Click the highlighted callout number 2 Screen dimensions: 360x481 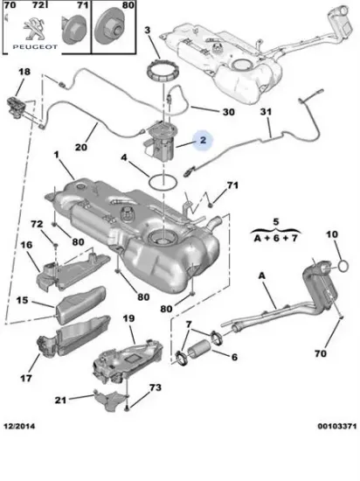pos(204,140)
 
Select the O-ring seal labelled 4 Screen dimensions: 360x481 pos(163,181)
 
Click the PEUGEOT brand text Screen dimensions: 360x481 pos(35,47)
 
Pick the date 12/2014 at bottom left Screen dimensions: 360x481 pos(19,426)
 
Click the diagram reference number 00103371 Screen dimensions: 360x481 pos(337,426)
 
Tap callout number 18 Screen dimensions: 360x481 pos(24,72)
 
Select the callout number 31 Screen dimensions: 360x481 pos(266,112)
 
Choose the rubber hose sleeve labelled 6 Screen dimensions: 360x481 pos(199,350)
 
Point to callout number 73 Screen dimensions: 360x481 pos(155,387)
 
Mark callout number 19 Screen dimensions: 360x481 pos(128,318)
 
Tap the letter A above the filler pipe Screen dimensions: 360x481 pos(261,276)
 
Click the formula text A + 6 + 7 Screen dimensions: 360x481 pos(276,238)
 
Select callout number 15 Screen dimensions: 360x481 pos(23,300)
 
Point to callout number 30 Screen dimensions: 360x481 pos(229,112)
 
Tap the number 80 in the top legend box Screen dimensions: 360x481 pos(128,5)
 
